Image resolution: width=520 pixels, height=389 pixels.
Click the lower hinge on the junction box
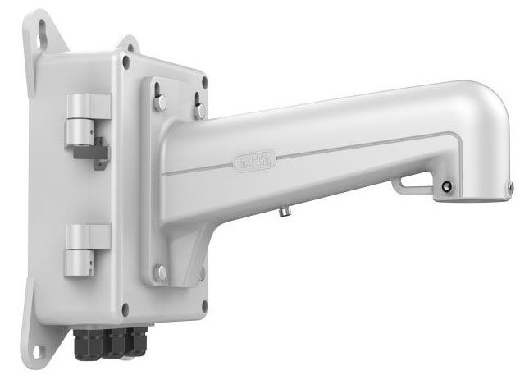85,250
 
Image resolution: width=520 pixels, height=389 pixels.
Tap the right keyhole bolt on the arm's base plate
199,103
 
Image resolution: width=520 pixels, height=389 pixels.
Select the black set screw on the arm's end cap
447,186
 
